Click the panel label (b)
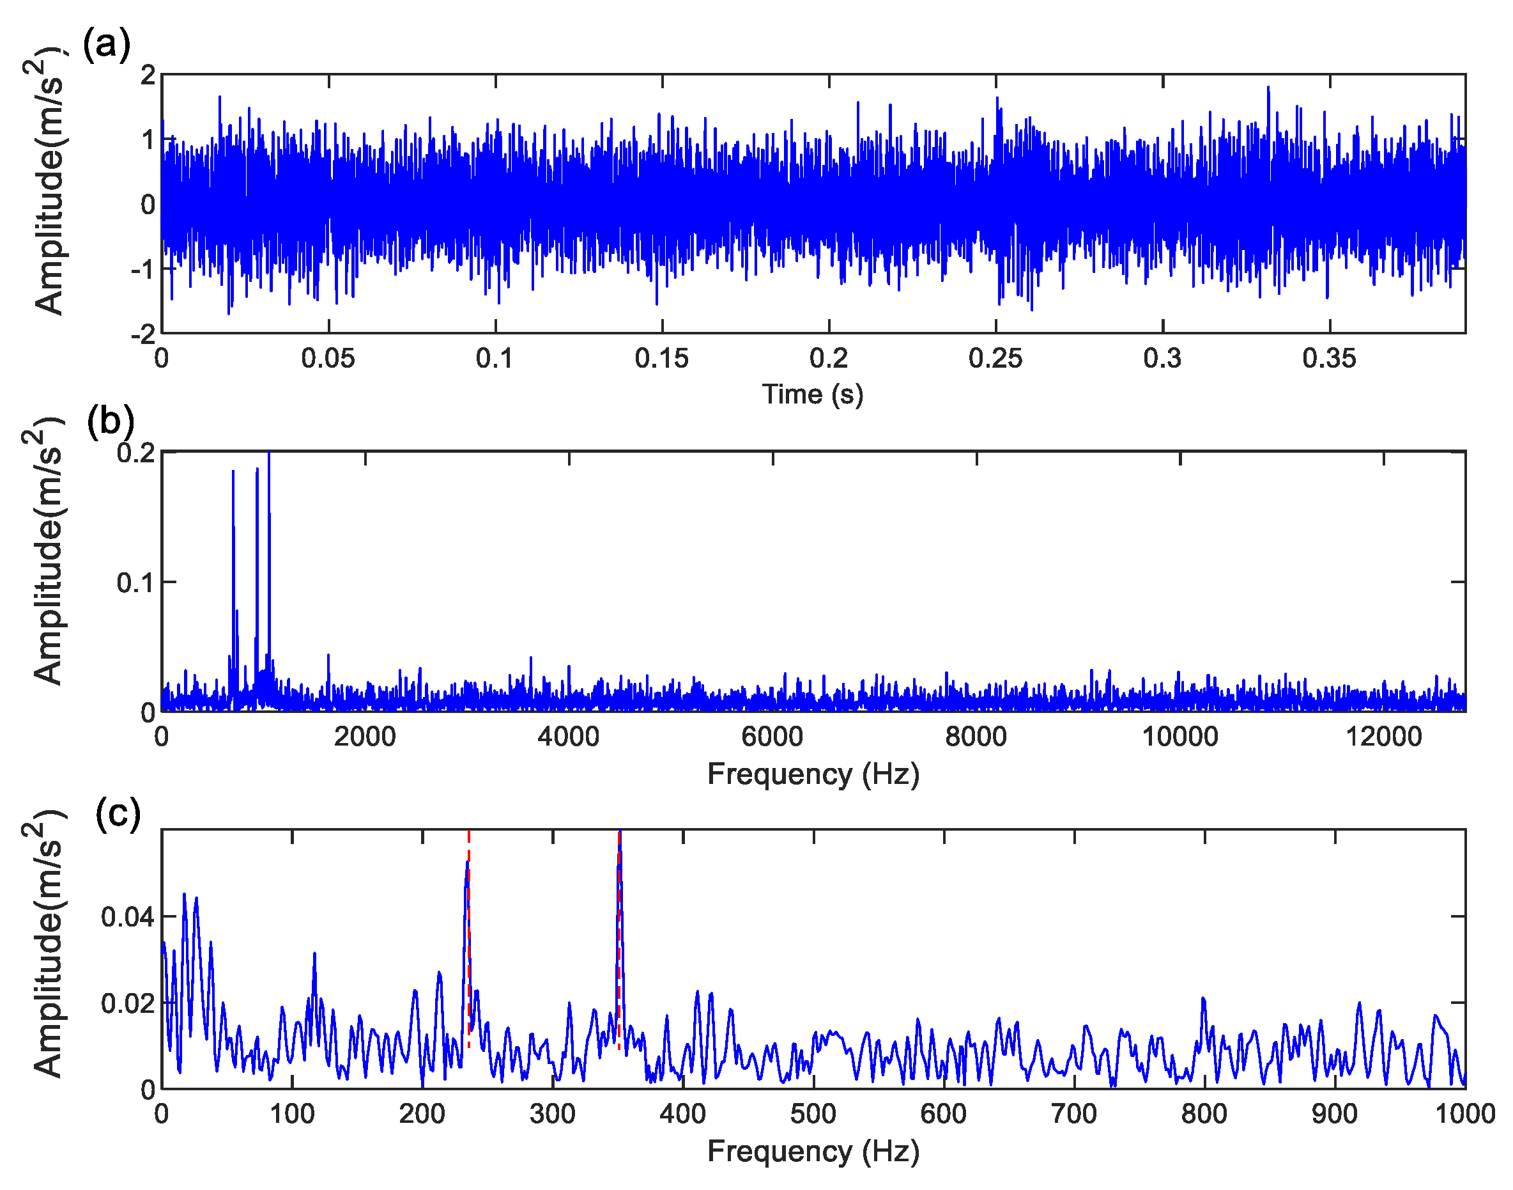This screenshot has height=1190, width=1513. point(110,421)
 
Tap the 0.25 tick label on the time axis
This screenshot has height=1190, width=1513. point(995,359)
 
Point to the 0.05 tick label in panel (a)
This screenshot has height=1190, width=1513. point(328,359)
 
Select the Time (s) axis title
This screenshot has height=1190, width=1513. point(813,395)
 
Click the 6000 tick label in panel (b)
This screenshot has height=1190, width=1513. point(772,737)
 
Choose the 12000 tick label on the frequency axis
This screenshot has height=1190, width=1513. point(1383,737)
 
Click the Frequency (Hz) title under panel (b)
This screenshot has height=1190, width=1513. point(813,774)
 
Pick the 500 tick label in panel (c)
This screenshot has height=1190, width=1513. point(813,1114)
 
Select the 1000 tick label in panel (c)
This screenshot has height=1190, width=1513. point(1465,1114)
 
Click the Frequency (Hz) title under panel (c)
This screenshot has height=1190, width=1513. point(813,1151)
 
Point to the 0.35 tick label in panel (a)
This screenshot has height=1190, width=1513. point(1329,359)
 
